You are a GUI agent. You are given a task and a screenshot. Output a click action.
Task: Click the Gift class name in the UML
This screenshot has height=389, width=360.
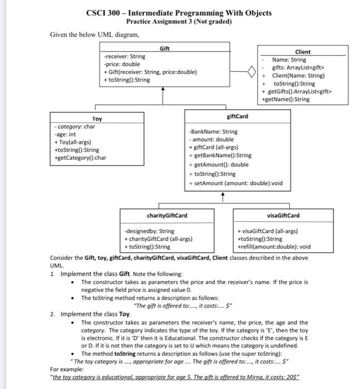click(x=165, y=49)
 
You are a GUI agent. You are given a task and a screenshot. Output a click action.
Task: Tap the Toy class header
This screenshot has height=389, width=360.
click(x=97, y=119)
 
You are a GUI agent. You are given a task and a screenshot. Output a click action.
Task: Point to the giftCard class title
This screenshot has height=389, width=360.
click(x=238, y=116)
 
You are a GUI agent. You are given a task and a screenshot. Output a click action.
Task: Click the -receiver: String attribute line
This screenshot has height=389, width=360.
click(x=124, y=57)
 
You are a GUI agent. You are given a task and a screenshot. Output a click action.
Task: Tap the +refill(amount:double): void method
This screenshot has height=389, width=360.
click(x=274, y=247)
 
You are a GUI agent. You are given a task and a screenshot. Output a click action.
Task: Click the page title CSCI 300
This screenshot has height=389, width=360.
click(x=179, y=12)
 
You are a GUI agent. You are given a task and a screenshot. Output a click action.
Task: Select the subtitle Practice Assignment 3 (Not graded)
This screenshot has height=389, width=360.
click(x=179, y=22)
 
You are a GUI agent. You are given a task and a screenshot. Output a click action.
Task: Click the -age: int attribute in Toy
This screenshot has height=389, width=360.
click(x=65, y=134)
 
